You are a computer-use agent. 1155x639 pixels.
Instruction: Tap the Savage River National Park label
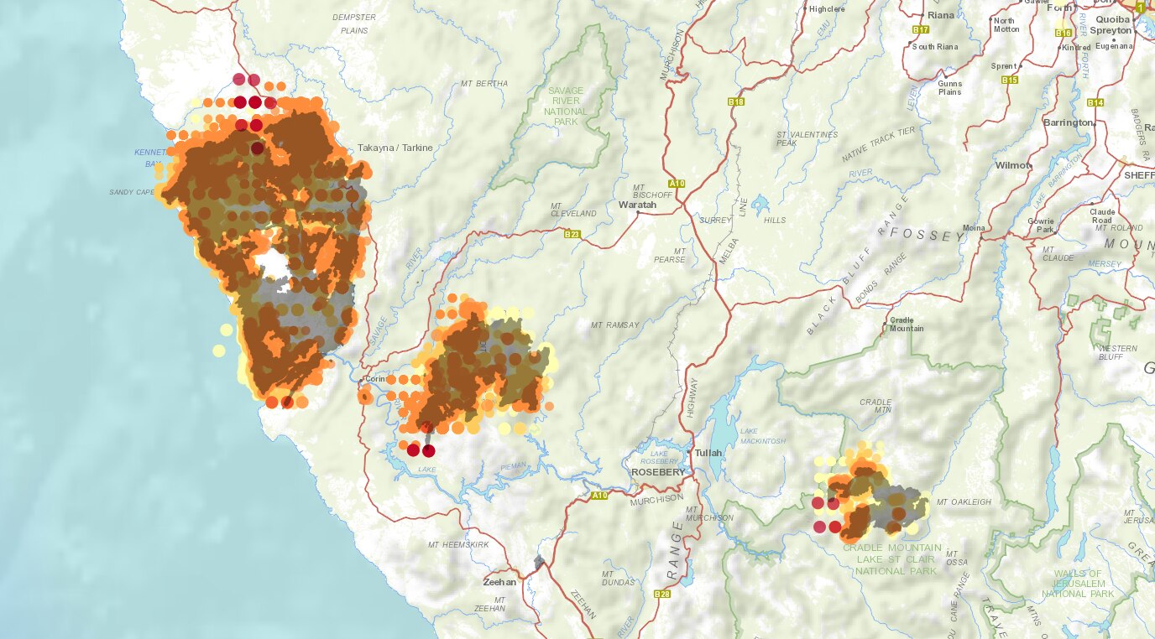coord(565,106)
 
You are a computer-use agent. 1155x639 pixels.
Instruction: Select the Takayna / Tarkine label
coord(395,148)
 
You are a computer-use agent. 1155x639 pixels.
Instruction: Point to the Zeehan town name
coord(500,581)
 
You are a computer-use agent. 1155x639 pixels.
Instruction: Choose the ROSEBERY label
coord(658,472)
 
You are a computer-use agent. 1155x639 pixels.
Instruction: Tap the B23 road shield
coord(572,234)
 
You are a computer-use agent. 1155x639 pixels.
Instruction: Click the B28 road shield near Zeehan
coord(662,594)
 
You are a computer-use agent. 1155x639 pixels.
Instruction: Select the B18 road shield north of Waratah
coord(736,102)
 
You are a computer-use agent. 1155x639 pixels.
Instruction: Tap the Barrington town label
coord(1068,122)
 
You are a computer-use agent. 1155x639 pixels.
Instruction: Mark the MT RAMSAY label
coord(615,325)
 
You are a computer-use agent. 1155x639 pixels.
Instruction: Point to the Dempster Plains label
coord(354,23)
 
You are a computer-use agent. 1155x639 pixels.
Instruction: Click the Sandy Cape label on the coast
coord(132,192)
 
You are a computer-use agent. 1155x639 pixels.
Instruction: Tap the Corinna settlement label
coord(376,379)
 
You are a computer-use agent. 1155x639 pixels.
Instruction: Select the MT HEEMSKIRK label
coord(457,545)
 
